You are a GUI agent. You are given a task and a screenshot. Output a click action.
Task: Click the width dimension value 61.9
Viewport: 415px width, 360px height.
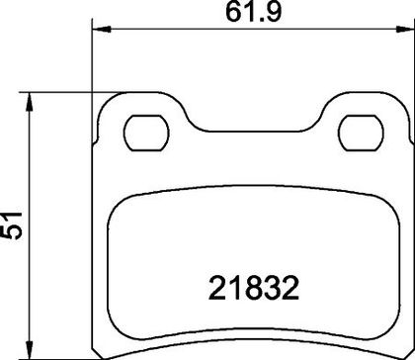(253, 12)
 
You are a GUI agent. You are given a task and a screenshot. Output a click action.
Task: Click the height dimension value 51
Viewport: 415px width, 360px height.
(12, 225)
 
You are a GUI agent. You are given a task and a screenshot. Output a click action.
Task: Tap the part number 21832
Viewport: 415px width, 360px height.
(254, 288)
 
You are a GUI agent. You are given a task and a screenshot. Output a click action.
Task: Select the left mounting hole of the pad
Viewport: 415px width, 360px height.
(146, 133)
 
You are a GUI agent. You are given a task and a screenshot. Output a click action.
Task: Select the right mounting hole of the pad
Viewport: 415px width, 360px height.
(361, 133)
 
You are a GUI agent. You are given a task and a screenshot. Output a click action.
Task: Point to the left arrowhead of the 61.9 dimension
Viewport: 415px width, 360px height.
(101, 30)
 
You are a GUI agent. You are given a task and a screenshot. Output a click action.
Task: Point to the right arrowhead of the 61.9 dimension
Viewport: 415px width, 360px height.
(405, 30)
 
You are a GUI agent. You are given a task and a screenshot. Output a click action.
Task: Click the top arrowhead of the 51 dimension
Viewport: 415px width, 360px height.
(30, 102)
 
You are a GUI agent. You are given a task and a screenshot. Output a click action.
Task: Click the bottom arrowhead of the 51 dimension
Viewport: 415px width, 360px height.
(30, 349)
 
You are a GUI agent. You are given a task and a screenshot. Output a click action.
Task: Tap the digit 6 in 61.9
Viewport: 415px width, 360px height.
(233, 13)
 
